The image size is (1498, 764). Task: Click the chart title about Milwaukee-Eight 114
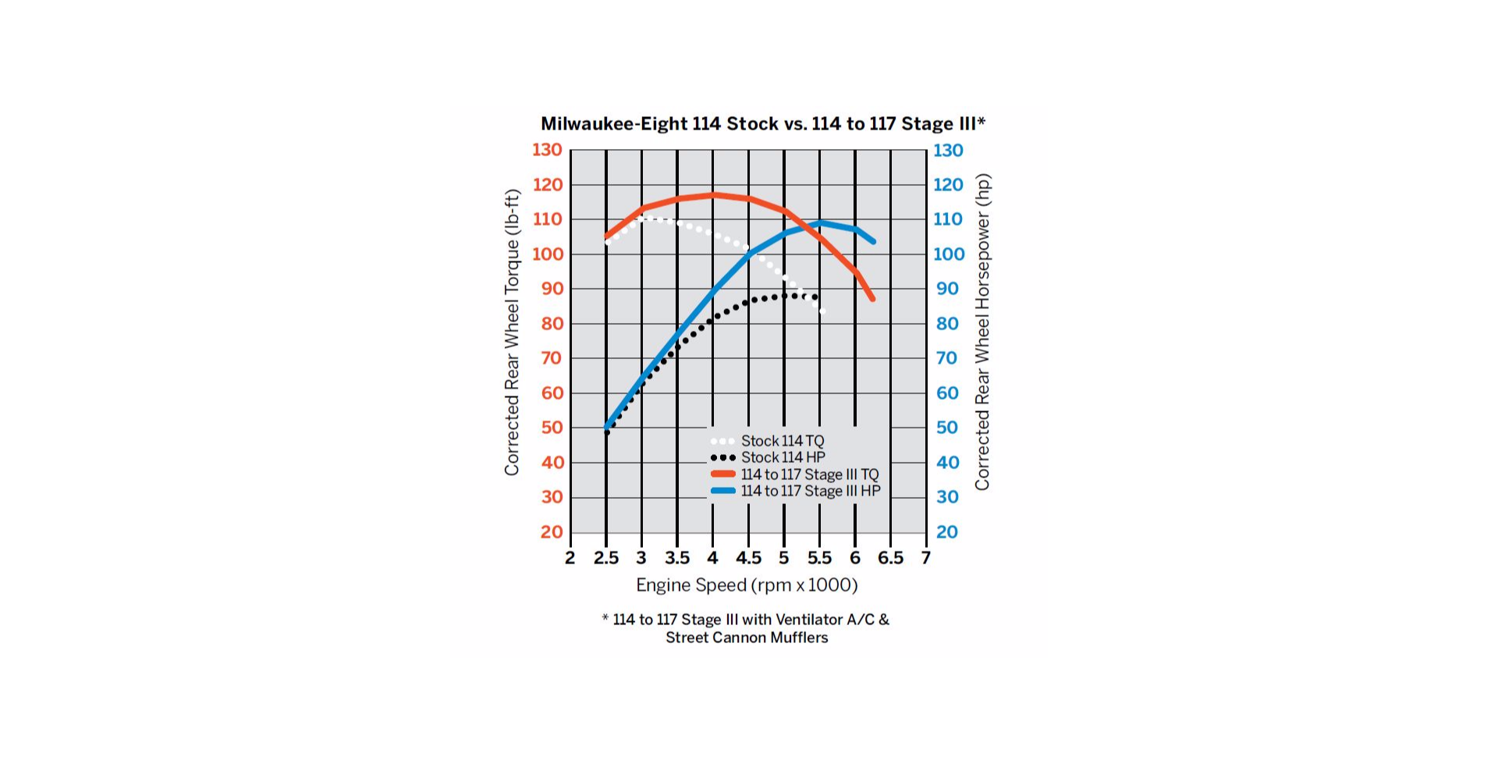click(762, 123)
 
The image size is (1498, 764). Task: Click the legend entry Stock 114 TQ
click(782, 441)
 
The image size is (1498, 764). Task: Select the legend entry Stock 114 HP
click(783, 457)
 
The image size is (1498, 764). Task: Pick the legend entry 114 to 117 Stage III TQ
click(809, 474)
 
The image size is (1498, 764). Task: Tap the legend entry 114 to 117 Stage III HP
click(810, 491)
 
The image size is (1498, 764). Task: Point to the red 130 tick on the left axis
click(547, 150)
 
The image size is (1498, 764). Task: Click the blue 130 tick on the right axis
click(948, 150)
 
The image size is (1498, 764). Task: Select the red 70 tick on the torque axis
click(552, 358)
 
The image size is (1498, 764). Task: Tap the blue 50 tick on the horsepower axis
click(947, 428)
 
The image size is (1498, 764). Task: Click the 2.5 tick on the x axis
click(605, 558)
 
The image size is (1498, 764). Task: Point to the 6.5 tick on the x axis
click(890, 558)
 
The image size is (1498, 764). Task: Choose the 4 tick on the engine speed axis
click(712, 558)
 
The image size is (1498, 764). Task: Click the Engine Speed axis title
click(747, 585)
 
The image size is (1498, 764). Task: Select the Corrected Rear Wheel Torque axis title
click(512, 332)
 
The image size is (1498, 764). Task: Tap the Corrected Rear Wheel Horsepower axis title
click(982, 332)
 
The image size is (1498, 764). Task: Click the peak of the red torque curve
click(712, 194)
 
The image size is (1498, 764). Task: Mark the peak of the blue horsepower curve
click(819, 223)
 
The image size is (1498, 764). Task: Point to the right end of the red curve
click(872, 299)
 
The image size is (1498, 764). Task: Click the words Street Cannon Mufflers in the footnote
click(747, 638)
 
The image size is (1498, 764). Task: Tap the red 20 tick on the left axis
click(552, 532)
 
